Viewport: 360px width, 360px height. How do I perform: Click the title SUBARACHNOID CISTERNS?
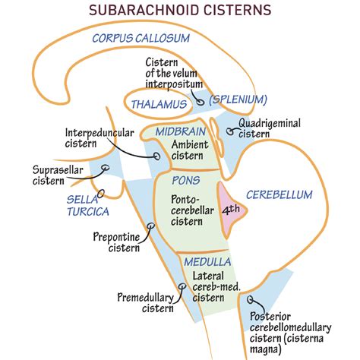[180, 11]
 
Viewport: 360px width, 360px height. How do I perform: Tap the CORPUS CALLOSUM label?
[142, 38]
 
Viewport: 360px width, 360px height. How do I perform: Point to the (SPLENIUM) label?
[238, 99]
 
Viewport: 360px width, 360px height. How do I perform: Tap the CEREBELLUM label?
[279, 195]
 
